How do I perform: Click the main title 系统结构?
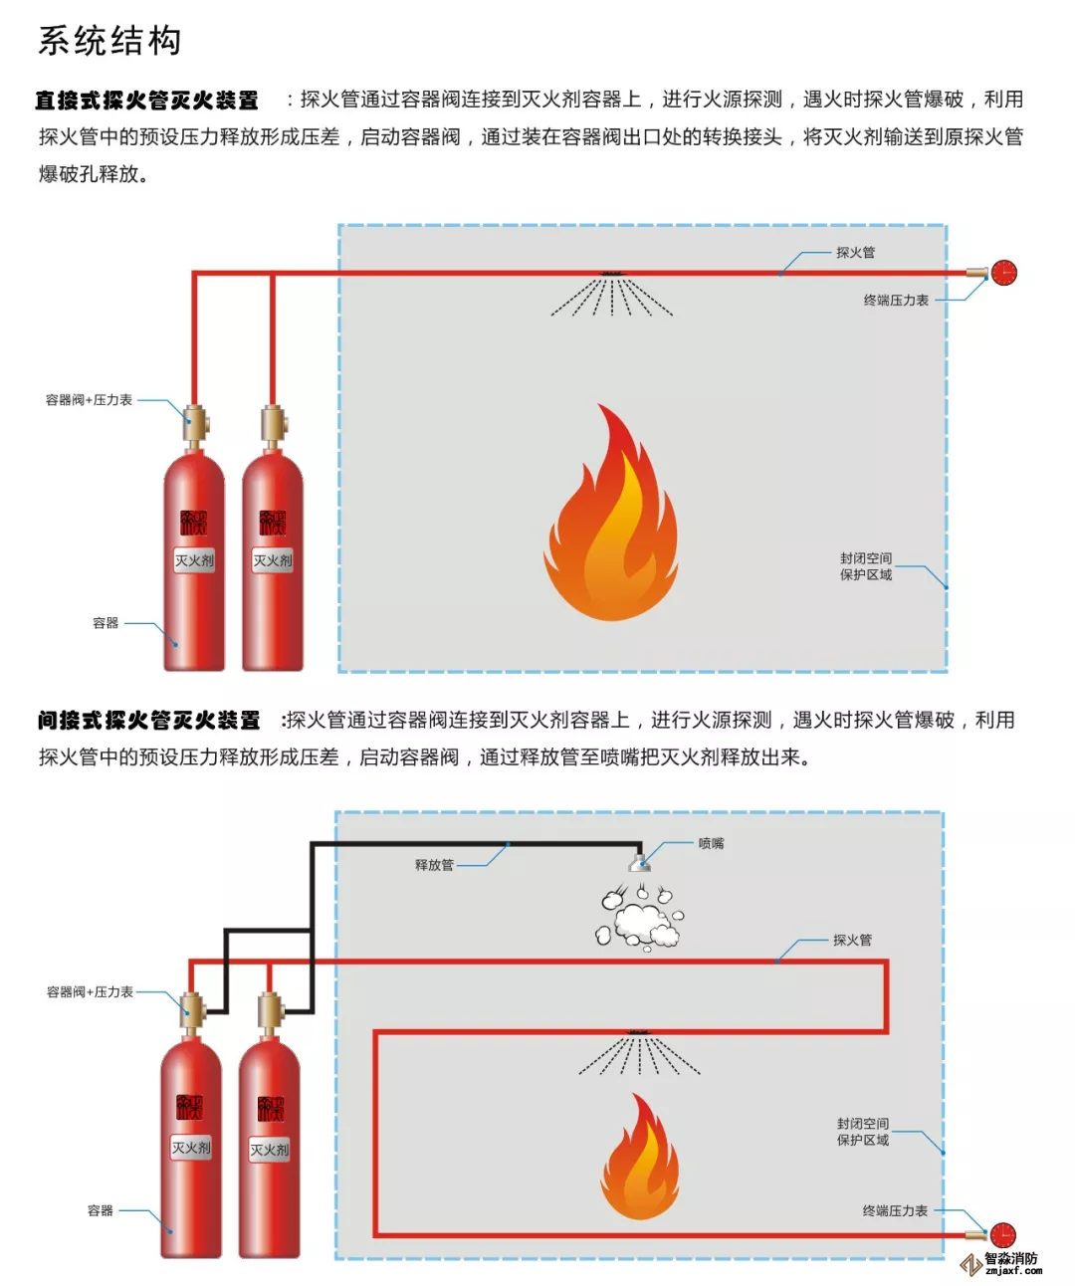click(109, 42)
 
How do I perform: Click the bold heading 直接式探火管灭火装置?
click(146, 101)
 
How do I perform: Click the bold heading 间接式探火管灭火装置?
click(148, 721)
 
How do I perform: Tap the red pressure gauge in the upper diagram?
click(1003, 273)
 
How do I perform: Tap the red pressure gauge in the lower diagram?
click(1001, 1235)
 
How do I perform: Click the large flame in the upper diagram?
click(611, 523)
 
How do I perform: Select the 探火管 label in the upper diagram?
click(855, 253)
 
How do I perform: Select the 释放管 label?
click(434, 865)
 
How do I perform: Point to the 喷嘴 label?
click(711, 844)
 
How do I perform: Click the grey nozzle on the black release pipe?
click(639, 863)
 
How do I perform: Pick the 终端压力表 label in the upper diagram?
click(896, 301)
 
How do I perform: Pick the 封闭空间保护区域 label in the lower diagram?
click(863, 1132)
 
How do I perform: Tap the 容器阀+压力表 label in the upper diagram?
click(89, 400)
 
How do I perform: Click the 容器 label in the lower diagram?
click(101, 1211)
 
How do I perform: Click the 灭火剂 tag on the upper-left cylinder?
click(194, 561)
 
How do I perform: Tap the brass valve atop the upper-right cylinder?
click(272, 424)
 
